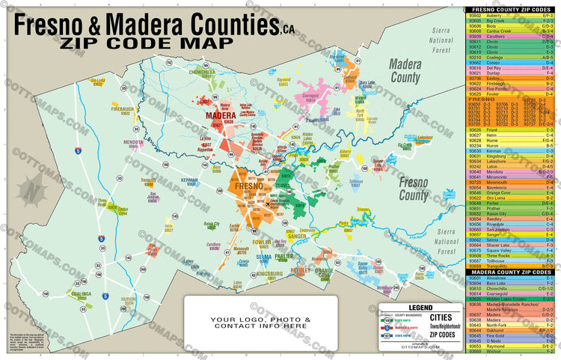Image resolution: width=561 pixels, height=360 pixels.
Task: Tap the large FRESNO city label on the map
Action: point(248,186)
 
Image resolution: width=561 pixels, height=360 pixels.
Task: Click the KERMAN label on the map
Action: point(189,180)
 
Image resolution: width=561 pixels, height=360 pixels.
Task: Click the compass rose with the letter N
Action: point(31,191)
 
